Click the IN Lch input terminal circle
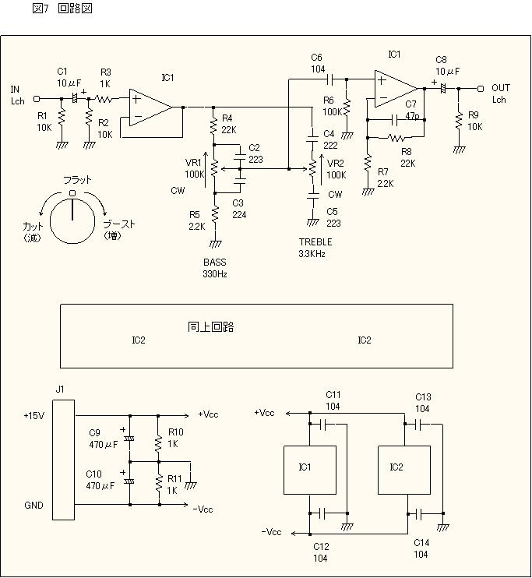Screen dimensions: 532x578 coord(37,99)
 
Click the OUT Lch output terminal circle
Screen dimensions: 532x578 coord(480,89)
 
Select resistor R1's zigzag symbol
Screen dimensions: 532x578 coord(62,117)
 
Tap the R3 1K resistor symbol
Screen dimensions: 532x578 coord(104,99)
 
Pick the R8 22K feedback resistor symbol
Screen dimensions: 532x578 coord(396,138)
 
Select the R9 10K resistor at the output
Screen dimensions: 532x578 coord(459,121)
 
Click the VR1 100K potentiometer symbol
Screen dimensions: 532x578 coord(215,169)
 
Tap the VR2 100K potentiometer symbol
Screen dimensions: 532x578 coord(312,169)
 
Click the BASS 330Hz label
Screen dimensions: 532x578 coord(215,268)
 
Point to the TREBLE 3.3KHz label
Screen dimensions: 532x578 coord(315,248)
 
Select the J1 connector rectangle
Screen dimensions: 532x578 coord(63,460)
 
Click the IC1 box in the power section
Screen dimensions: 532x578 coord(310,470)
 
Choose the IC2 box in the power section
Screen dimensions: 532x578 coord(404,470)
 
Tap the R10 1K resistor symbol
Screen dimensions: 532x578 coord(159,443)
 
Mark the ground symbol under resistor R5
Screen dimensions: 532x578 coord(215,244)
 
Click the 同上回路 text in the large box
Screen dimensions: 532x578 coord(210,327)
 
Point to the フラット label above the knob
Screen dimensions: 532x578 coord(77,180)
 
